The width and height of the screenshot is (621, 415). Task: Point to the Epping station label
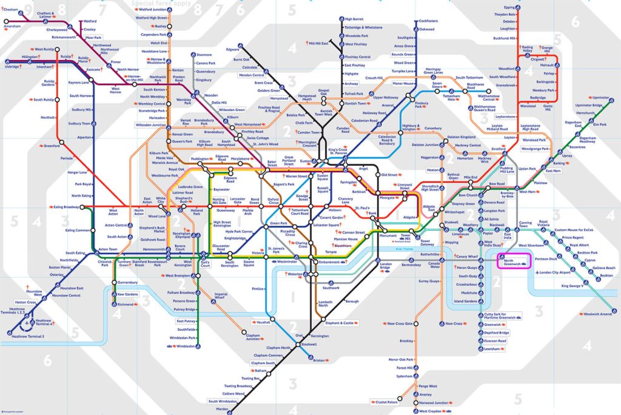coord(509,7)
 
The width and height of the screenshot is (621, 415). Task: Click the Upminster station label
coord(600,98)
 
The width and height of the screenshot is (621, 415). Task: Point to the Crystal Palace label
coord(386,402)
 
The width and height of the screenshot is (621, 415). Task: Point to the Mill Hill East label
coord(319,44)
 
